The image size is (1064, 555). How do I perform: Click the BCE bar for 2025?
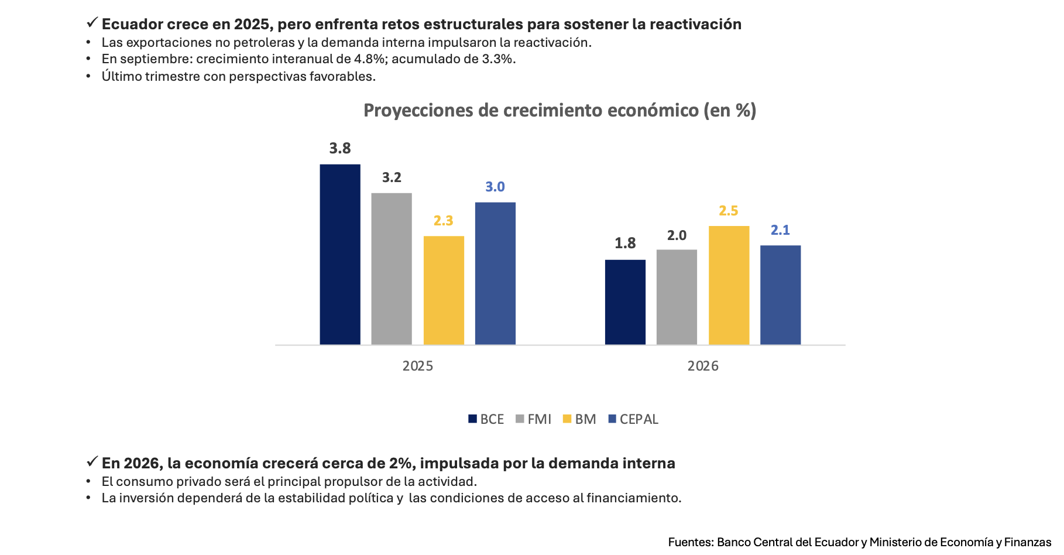coord(339,255)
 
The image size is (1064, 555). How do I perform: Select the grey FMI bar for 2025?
coord(391,269)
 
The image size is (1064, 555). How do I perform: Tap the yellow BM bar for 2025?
coord(443,290)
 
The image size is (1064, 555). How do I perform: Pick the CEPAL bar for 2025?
coord(495,273)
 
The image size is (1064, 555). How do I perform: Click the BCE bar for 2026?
coord(625,302)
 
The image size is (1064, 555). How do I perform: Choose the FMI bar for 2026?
coord(677,297)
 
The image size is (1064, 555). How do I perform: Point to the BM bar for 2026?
coord(729,285)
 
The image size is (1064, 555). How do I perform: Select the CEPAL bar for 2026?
coord(780,294)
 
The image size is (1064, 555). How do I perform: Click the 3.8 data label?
coord(340,149)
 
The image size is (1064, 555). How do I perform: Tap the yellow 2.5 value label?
coord(729,211)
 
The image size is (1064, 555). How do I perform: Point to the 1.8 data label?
coord(625,243)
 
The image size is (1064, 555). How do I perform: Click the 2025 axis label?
coord(418,366)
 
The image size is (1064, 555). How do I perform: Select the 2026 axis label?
coord(703,366)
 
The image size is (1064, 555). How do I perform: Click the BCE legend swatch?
coord(473,419)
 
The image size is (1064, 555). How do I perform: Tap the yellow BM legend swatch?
coord(567,419)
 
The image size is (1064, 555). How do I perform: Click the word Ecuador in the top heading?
coord(125,24)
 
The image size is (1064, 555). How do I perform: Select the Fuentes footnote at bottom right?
coord(859,542)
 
